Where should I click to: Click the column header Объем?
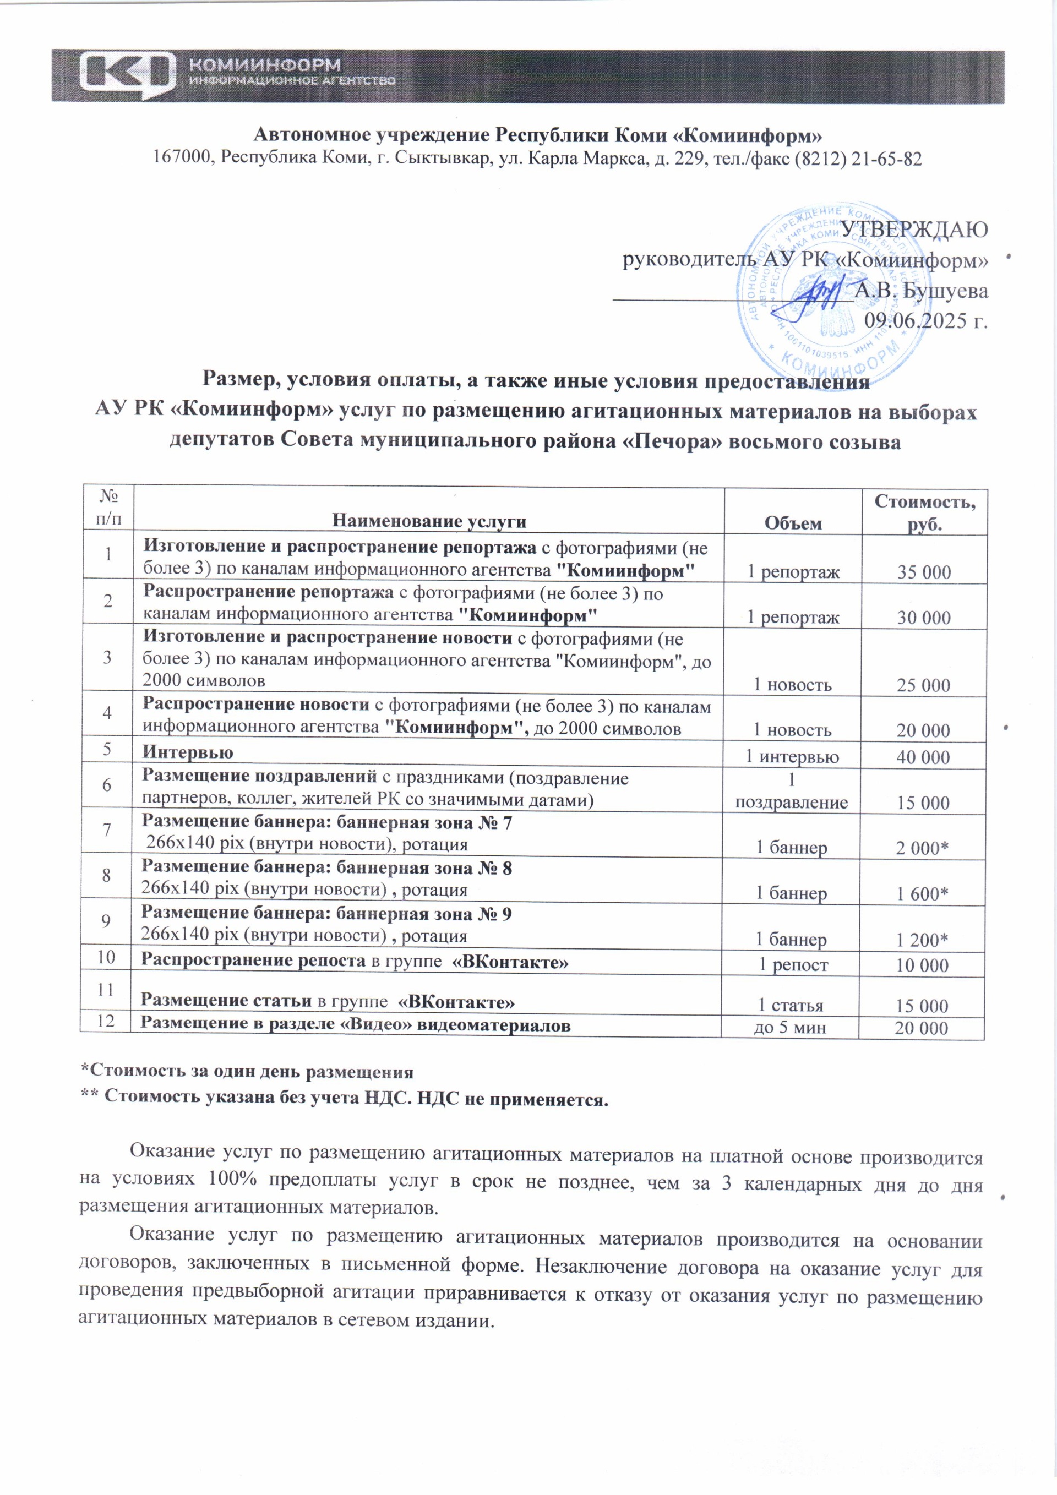pos(793,523)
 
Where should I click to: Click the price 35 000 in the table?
pos(923,572)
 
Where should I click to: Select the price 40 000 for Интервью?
pos(923,757)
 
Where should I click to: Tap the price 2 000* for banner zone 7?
pos(922,848)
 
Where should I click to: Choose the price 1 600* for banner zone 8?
pos(922,894)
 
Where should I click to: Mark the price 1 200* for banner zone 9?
pos(922,940)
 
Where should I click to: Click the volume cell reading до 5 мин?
pos(790,1028)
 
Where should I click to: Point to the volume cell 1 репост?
pos(793,965)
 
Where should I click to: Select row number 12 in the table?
pos(106,1021)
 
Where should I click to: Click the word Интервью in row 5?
pos(188,752)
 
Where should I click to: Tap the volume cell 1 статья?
pos(790,1005)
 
